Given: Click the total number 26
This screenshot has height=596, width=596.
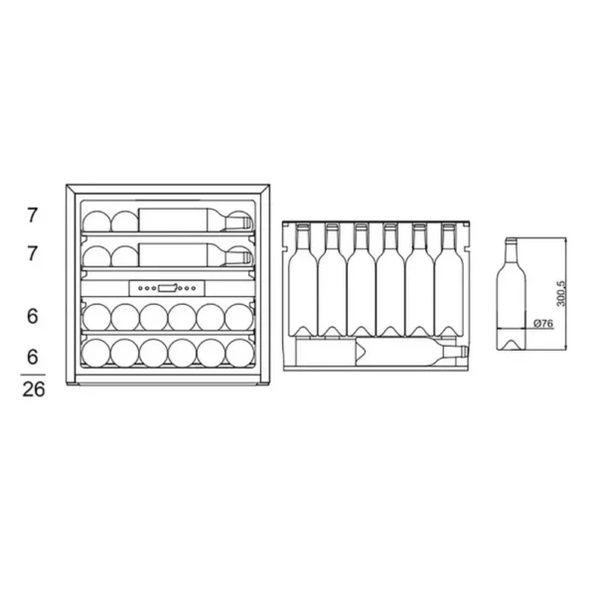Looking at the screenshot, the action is (34, 389).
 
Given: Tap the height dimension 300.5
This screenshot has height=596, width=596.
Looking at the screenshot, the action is (560, 294).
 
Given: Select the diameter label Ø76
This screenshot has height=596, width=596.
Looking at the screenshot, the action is (543, 324).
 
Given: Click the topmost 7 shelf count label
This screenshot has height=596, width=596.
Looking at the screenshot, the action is (33, 216).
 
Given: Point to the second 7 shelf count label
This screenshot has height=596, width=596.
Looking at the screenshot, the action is (33, 253).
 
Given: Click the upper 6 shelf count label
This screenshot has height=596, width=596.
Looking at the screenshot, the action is (33, 316).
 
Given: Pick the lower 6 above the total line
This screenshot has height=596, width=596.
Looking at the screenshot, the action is (33, 357).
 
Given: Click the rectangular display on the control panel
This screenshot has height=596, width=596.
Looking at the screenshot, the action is (167, 288).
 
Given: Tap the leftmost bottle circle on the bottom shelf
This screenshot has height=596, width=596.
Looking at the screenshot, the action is (95, 353).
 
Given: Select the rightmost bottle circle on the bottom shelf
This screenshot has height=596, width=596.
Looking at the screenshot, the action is (239, 353).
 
